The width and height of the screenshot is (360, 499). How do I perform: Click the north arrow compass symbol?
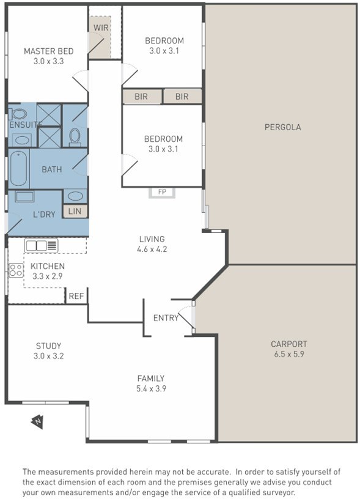[37, 422]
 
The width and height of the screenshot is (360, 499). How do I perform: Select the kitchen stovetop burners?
[16, 270]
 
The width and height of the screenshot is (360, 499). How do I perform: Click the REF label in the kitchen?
[76, 296]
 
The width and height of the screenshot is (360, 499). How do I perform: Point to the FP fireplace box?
[162, 193]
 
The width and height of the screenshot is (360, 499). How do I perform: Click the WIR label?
[101, 28]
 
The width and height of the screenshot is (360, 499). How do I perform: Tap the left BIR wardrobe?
[142, 97]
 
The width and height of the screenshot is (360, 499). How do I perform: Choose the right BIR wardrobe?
[182, 97]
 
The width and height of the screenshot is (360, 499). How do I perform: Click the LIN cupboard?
[75, 211]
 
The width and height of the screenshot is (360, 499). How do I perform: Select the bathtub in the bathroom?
[18, 168]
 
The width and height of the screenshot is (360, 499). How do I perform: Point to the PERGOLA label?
[283, 127]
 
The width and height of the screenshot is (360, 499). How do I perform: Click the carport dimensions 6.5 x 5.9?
[289, 354]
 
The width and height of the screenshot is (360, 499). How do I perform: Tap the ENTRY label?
[166, 318]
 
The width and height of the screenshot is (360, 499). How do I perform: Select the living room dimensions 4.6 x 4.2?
[152, 249]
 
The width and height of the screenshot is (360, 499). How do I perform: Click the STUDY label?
[49, 346]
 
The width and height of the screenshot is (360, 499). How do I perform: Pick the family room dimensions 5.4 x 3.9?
[152, 388]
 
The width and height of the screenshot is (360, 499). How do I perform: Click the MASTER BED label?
[49, 51]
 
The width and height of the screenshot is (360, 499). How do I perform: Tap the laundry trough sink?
[24, 196]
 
